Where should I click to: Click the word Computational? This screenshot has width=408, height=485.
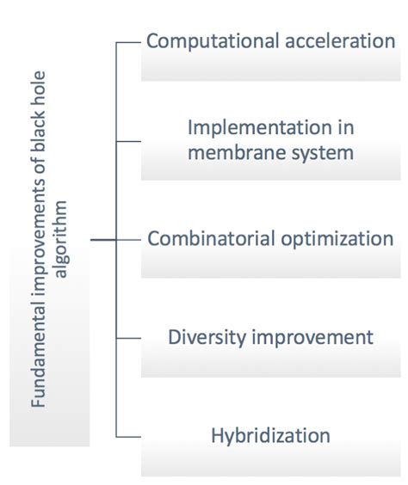(213, 42)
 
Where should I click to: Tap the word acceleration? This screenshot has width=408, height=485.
(340, 40)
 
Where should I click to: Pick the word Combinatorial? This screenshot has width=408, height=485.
(211, 238)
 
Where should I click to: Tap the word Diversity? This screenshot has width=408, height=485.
(207, 338)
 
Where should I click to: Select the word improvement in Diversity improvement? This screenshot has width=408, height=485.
(312, 338)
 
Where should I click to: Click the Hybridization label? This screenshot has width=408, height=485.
(270, 436)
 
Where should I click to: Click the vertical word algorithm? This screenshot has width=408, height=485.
(60, 239)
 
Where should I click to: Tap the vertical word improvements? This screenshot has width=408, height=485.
(39, 239)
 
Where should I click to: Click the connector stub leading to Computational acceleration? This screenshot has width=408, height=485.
(128, 42)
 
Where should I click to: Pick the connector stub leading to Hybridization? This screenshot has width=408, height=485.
(128, 437)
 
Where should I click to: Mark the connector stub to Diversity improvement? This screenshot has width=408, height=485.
(128, 338)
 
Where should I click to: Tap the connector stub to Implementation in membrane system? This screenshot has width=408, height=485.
(128, 141)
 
